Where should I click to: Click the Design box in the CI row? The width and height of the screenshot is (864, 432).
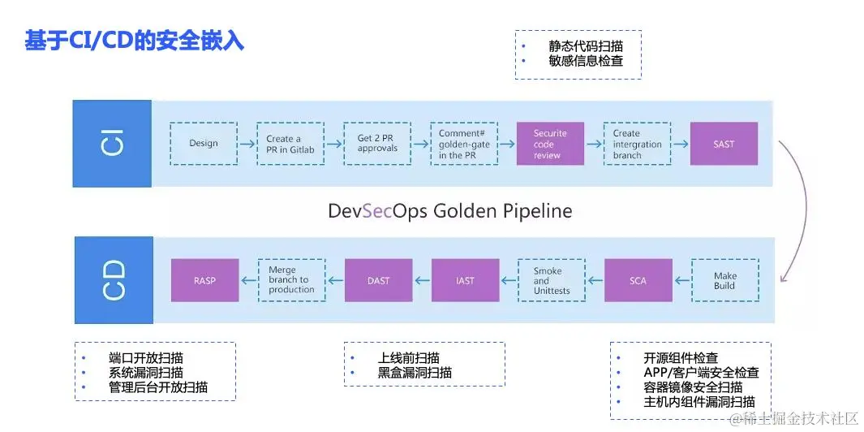(204, 144)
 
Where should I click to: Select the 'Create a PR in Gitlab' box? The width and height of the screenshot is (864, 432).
(290, 144)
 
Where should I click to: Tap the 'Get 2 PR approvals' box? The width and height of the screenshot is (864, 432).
(378, 144)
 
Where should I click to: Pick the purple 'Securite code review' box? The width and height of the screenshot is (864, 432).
(550, 144)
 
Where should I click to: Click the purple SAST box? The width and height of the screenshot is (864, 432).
(724, 144)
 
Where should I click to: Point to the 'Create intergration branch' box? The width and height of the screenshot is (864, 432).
(637, 144)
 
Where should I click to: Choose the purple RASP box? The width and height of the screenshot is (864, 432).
(204, 280)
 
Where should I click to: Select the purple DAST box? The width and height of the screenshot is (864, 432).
(378, 280)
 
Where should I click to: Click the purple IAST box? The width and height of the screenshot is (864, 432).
(465, 280)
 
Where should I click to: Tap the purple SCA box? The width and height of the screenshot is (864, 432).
(638, 280)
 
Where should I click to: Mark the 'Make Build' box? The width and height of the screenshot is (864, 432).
(724, 280)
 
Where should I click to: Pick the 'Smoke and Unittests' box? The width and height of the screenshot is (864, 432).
(552, 280)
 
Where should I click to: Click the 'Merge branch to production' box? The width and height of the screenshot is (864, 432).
(291, 280)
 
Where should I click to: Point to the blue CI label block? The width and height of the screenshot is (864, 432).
(113, 144)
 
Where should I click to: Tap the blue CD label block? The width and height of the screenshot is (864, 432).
(113, 280)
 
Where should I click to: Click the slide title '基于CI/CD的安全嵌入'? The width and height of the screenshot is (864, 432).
(134, 41)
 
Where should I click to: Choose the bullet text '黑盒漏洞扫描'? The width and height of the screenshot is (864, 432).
(414, 373)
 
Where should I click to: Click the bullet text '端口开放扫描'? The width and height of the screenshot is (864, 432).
(146, 358)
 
